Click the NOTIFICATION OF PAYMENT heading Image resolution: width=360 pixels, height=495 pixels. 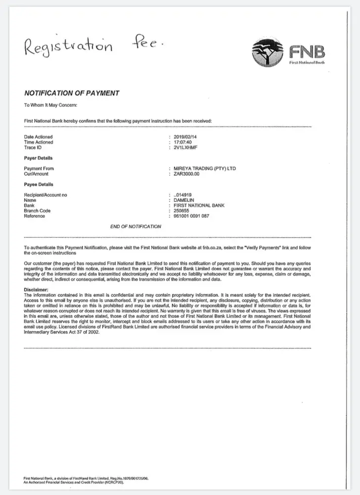[71, 93]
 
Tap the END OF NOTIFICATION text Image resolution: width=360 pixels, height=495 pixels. [135, 227]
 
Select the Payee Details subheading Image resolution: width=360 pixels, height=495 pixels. [39, 185]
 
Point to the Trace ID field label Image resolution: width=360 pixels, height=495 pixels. [33, 148]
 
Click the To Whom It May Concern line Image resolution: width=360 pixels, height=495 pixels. [51, 105]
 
